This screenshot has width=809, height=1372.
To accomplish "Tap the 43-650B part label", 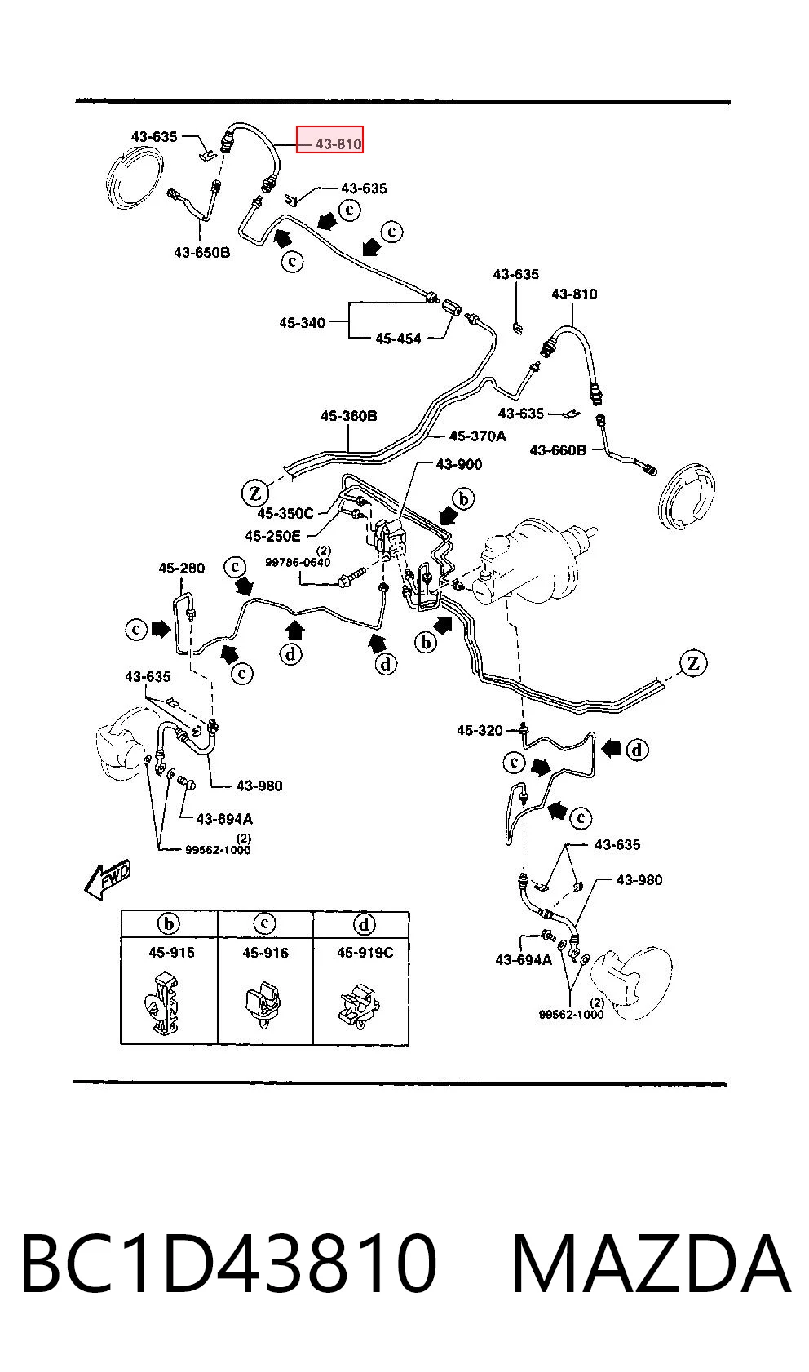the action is coord(202,252).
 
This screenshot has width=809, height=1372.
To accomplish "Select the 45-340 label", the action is coord(302,322).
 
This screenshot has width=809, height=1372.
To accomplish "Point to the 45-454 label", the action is coord(398,338).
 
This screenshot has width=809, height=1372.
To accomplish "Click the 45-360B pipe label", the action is coord(349,416).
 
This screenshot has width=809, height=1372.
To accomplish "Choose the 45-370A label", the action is coord(478,436).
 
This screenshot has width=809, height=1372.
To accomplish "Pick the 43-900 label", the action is coord(458,464).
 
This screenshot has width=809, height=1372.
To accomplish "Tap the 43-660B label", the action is coord(558,450).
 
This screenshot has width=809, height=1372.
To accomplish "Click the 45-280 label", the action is coord(181,569).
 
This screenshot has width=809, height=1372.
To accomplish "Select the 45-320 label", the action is coord(480,730).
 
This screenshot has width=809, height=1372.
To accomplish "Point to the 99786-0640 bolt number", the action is coord(298,562).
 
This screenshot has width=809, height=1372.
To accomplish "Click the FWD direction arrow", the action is coord(107,879).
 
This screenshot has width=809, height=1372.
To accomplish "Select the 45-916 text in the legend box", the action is coord(265,953).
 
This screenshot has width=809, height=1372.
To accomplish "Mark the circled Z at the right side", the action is coord(692,663).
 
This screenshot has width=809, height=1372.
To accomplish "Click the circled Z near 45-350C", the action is coord(255,493).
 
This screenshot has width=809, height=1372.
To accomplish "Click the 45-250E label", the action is coord(273,537).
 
